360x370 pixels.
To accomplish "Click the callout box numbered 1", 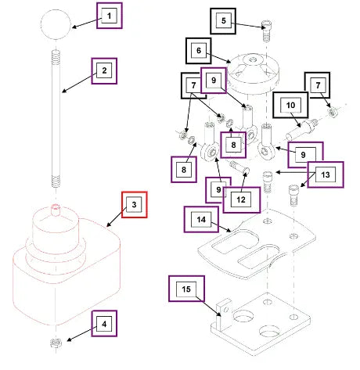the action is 110,16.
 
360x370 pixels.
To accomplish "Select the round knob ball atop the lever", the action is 56,24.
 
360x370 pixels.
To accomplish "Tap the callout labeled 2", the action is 104,71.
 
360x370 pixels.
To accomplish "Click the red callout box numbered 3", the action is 135,205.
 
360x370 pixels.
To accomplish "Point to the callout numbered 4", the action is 104,324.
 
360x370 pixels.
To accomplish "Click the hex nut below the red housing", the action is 56,343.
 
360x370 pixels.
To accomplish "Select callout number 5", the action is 223,21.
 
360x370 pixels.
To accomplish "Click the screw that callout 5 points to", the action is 266,31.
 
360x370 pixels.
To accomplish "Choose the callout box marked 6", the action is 199,51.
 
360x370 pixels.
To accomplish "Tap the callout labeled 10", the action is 290,105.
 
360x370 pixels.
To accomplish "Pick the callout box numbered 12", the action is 242,199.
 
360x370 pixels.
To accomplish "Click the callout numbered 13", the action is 326,174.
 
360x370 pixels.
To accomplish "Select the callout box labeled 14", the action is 201,220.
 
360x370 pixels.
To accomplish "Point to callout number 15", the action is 186,289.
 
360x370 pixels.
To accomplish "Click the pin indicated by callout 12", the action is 239,167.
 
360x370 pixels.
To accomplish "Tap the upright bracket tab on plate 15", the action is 224,314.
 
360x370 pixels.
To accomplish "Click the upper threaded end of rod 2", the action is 56,57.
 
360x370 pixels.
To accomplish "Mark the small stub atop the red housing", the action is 56,210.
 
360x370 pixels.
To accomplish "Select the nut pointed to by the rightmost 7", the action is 332,113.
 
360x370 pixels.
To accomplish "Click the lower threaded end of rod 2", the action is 56,181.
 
